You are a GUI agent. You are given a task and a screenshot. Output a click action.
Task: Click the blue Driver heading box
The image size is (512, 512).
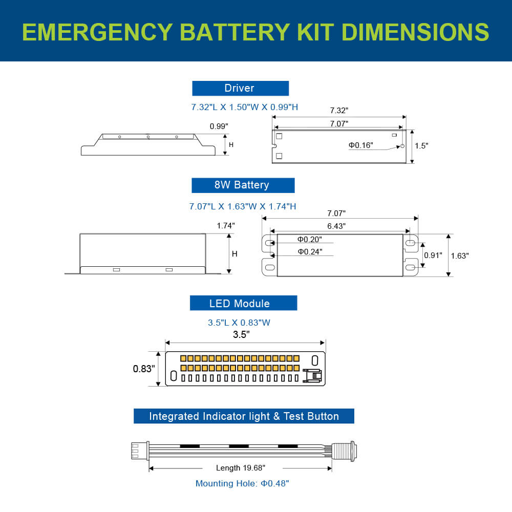(240, 88)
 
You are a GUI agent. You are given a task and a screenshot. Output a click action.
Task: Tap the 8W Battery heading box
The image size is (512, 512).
(243, 185)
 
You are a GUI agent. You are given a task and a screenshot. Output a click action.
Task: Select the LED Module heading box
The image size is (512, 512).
(243, 303)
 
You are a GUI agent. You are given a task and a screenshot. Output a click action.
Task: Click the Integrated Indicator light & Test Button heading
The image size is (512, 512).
(244, 416)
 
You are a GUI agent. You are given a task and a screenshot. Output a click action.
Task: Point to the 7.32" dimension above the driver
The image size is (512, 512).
(338, 111)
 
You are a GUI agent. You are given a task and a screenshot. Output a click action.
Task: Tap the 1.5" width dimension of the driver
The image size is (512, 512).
(421, 146)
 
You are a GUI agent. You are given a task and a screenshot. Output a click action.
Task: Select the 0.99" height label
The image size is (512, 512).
(219, 126)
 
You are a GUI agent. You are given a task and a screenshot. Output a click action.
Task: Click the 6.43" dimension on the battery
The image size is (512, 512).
(336, 226)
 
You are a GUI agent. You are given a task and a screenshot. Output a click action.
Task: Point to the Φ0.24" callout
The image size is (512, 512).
(310, 251)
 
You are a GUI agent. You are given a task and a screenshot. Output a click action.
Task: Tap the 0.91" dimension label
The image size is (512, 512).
(433, 255)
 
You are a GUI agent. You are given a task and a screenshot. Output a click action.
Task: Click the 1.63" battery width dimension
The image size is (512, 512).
(460, 255)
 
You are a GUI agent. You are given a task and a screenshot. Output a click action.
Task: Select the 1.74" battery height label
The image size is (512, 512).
(226, 226)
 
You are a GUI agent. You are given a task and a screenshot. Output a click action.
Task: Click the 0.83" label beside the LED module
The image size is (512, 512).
(143, 369)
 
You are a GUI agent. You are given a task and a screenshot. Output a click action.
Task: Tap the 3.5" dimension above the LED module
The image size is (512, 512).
(241, 335)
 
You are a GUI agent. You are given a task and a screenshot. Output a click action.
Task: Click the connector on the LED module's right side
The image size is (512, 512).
(312, 375)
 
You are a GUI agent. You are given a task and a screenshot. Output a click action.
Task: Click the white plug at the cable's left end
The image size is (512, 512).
(136, 451)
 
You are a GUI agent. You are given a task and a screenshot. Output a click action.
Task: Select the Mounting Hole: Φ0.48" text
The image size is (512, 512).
(242, 483)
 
